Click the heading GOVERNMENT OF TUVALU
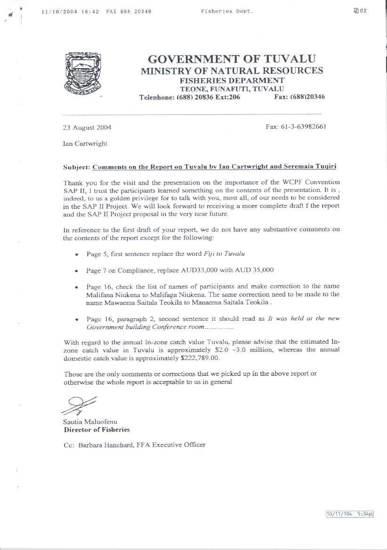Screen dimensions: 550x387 [232, 59]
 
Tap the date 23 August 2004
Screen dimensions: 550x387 [87, 127]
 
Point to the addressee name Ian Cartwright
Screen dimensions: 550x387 [85, 144]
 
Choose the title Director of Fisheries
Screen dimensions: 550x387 [97, 429]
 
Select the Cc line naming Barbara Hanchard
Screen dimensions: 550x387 [134, 445]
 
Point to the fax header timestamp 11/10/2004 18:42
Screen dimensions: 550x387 [70, 11]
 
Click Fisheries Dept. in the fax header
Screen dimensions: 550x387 [226, 11]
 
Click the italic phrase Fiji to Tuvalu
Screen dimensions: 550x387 [224, 254]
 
